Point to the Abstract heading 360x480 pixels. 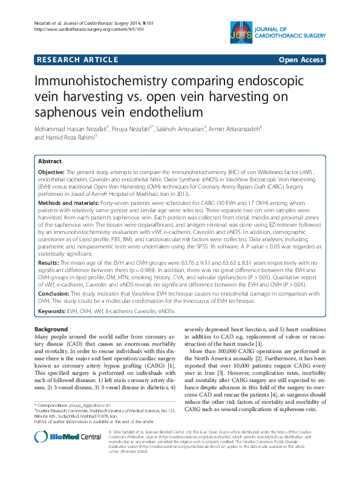tap(50, 162)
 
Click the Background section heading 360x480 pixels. tap(51, 329)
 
